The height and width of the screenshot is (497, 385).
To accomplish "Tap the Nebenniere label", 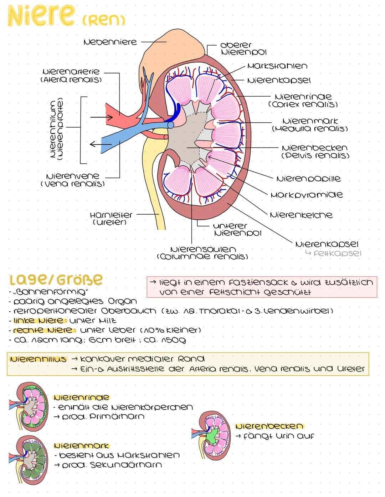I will point(110,42).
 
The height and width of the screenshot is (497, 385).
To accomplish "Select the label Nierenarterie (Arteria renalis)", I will point(71,75).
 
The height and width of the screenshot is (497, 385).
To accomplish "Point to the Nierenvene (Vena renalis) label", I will point(73,180).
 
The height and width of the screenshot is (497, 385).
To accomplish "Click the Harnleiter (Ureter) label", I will point(111,218).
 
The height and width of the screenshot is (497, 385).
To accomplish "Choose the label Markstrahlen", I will point(277,66).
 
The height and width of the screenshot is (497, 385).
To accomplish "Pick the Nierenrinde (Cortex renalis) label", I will point(303,100).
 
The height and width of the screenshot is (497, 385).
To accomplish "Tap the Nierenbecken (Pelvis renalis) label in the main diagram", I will point(315,152).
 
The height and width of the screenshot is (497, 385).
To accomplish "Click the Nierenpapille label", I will point(308,179).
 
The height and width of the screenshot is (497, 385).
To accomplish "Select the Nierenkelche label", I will point(301,215).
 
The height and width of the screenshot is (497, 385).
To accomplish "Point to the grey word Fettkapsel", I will point(337,253).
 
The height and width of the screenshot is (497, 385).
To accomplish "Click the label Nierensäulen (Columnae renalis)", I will point(202,253).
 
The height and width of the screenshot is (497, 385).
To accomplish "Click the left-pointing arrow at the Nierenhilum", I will point(101,144).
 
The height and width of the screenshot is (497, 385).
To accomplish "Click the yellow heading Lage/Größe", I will point(56,279).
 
